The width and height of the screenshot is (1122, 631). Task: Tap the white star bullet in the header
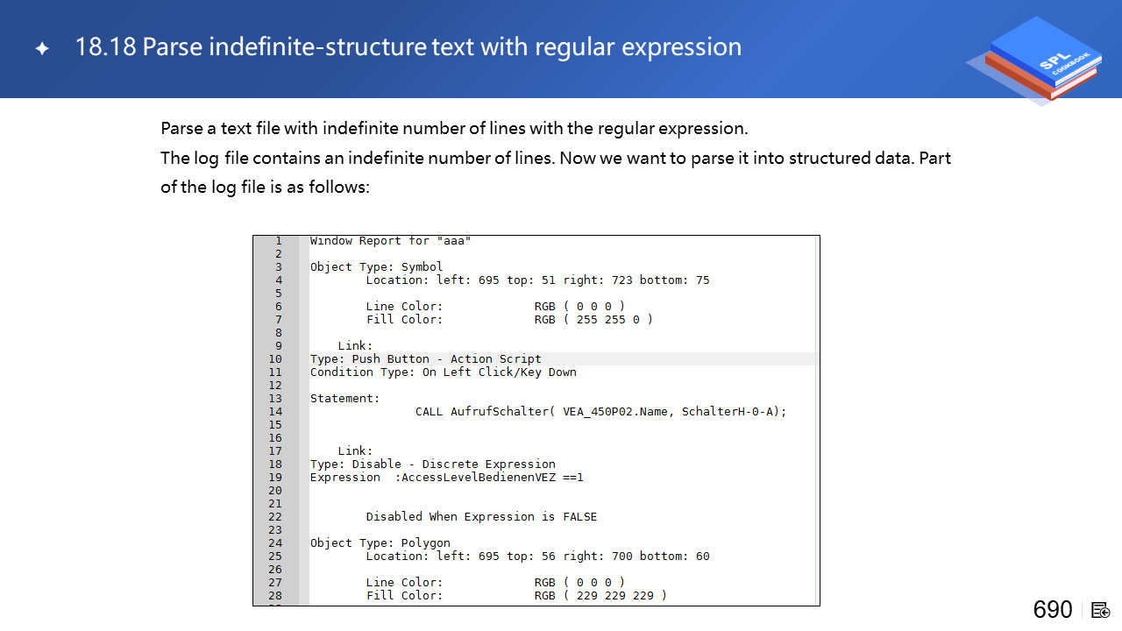[x=43, y=48]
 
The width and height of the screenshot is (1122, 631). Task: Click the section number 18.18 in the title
[x=105, y=47]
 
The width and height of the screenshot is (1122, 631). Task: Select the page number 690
[x=1053, y=610]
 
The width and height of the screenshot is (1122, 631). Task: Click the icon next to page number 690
[x=1100, y=611]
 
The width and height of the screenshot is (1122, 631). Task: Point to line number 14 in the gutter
[x=275, y=412]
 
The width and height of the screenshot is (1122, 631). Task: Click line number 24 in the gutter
[x=275, y=542]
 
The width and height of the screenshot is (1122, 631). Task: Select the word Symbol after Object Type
[x=422, y=267]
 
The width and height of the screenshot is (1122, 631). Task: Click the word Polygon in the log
[x=425, y=543]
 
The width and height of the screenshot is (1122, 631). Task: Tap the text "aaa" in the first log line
[x=454, y=241]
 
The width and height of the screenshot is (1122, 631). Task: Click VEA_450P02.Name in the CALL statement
[x=619, y=412]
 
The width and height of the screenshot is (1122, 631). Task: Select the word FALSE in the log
[x=580, y=517]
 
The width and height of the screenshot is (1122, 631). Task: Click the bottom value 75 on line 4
[x=702, y=280]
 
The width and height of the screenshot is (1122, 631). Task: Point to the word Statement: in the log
[x=345, y=399]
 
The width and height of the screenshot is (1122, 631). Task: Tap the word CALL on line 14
[x=429, y=412]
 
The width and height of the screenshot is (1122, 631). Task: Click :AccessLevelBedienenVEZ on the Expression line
[x=475, y=478]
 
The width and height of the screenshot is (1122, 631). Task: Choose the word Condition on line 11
[x=342, y=372]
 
